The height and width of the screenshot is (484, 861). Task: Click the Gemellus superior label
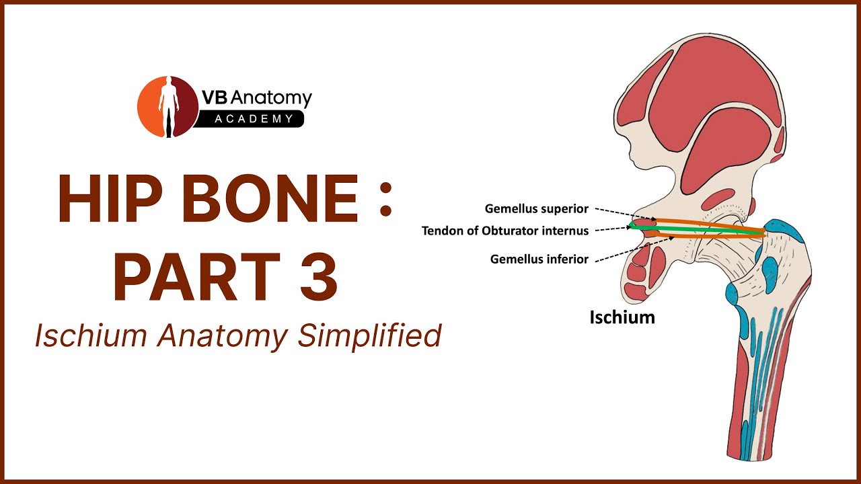point(537,209)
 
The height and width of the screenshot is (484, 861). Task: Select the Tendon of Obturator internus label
point(505,231)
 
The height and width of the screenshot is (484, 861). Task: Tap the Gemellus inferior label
point(539,259)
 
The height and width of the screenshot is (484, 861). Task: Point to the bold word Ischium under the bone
point(622,318)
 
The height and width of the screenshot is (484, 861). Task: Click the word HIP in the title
point(110,198)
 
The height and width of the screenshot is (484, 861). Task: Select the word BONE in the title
point(270,198)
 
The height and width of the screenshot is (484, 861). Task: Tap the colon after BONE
point(385,199)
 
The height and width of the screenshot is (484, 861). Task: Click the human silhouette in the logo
point(169,107)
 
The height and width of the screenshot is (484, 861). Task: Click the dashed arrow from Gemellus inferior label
point(634,249)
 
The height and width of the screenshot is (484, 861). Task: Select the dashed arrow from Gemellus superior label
point(626,214)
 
